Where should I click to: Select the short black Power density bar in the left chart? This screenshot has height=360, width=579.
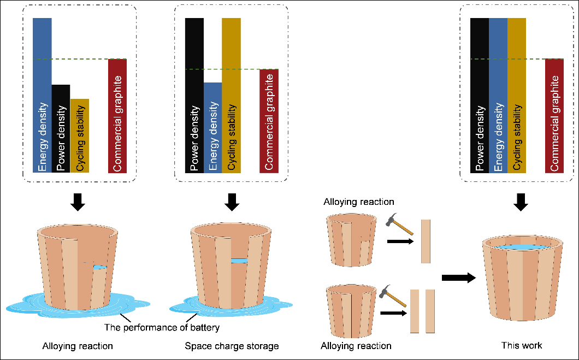click(61, 128)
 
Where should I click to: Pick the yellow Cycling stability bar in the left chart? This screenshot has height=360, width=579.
click(79, 135)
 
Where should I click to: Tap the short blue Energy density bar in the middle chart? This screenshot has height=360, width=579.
click(212, 127)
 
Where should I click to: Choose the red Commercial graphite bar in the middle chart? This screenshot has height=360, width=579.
click(269, 121)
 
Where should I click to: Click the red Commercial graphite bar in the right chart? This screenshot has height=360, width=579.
click(554, 115)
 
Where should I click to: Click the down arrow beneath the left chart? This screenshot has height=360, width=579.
click(79, 202)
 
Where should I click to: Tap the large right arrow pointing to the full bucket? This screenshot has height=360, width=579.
click(458, 278)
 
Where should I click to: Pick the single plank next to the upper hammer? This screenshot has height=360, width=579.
click(426, 241)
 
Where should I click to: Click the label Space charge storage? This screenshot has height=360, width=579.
click(232, 346)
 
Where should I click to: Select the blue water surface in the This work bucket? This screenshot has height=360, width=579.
click(521, 248)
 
